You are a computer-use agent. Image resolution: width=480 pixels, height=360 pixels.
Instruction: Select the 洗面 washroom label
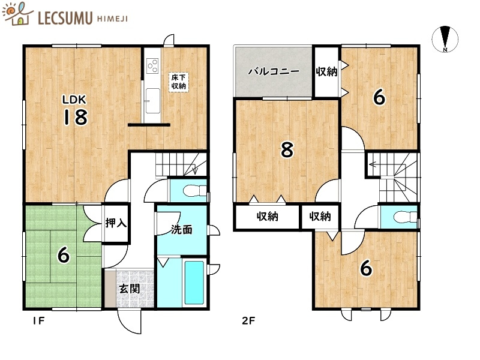(181, 229)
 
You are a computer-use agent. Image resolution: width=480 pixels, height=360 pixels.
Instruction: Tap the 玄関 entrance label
(128, 289)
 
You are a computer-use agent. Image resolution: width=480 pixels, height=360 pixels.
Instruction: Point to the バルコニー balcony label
(274, 71)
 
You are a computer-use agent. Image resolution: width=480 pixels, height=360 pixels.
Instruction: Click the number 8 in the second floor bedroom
(287, 150)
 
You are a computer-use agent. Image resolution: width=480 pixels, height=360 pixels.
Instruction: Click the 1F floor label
(38, 320)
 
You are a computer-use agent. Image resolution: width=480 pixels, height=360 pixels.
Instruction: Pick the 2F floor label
(248, 320)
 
